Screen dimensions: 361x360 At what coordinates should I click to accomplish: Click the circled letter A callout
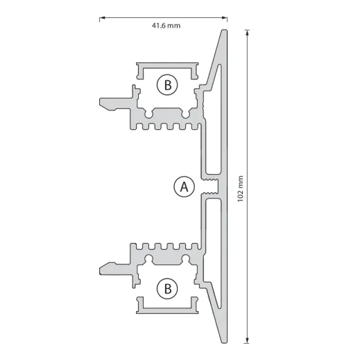coord(184,187)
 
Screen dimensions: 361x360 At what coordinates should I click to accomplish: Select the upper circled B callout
coord(167,85)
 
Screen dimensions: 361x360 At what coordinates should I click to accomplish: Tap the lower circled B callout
coord(167,288)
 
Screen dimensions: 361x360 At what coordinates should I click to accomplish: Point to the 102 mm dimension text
coord(239,187)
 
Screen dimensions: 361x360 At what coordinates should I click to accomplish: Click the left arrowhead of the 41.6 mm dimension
coord(102,17)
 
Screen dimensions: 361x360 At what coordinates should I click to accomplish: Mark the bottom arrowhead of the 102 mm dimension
coord(248,341)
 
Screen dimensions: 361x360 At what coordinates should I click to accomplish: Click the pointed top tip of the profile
coord(224,32)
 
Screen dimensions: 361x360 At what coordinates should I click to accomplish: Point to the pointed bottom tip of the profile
coord(224,342)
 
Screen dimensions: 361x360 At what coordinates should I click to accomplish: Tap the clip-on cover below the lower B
coord(166,305)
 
